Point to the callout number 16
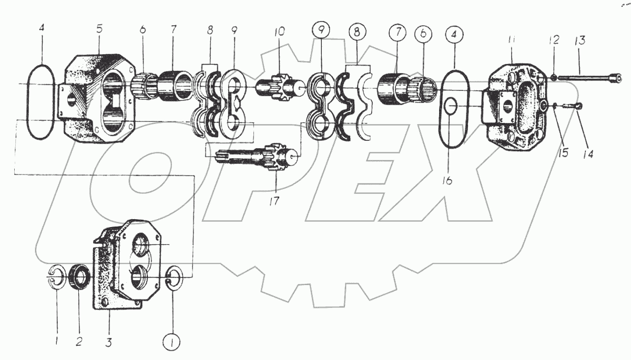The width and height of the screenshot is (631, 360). pyautogui.click(x=447, y=180)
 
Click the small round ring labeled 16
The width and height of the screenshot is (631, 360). pyautogui.click(x=450, y=107)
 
